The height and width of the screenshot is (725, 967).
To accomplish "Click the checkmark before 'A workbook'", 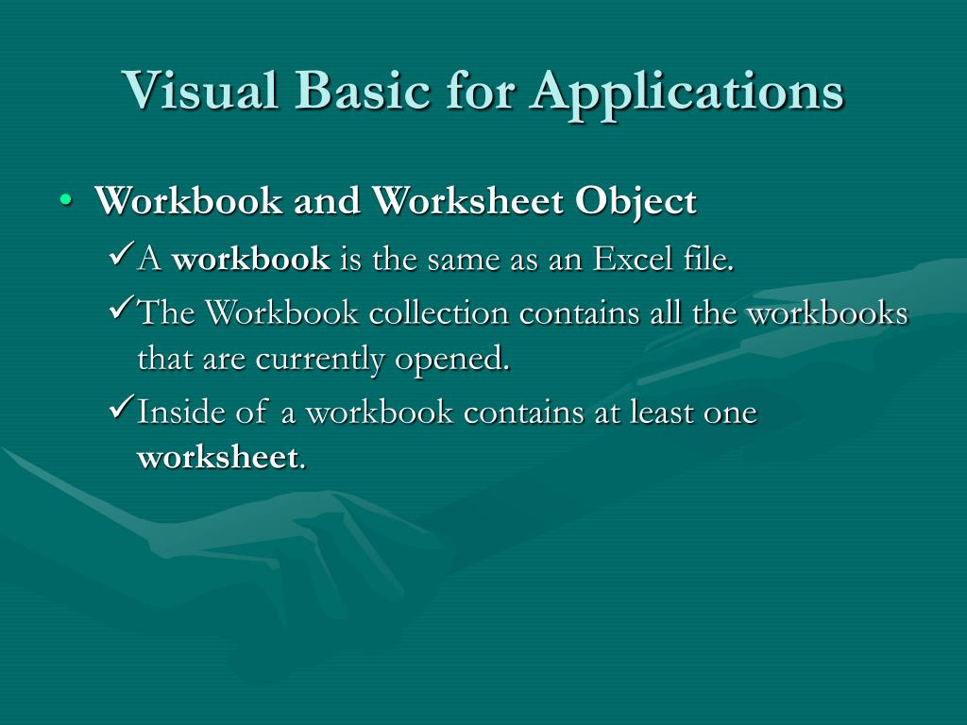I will pos(123,255).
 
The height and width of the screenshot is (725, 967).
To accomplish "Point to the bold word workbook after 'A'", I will pos(251,259).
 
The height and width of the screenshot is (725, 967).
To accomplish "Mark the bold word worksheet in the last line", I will pos(218,459).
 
